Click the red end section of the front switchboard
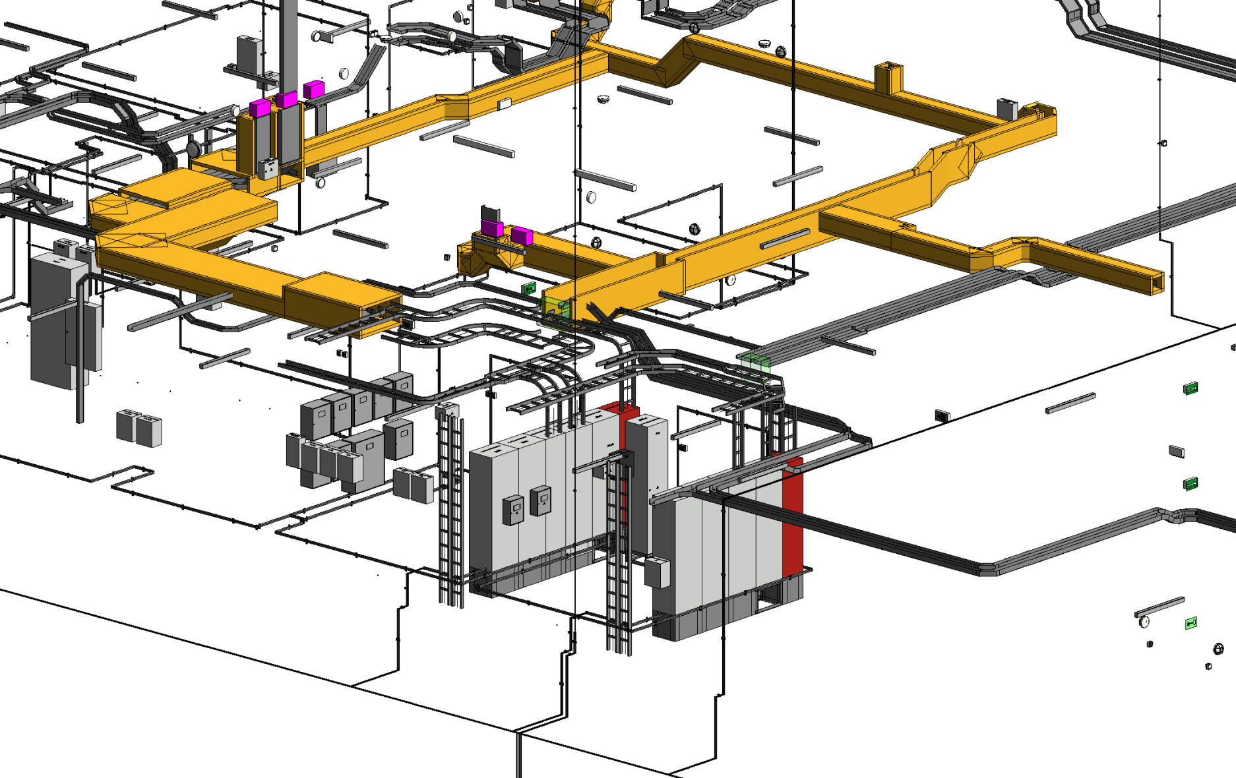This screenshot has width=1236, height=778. tap(792, 521)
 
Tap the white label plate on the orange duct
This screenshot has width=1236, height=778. tap(505, 104)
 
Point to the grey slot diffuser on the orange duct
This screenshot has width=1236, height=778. tap(784, 239)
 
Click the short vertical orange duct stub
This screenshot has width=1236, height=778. tap(888, 76)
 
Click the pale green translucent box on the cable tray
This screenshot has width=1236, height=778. tap(755, 363)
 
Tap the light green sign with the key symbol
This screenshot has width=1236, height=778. tap(1190, 623)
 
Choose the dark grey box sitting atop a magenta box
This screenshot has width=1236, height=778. tap(491, 214)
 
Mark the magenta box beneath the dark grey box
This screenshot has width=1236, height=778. tap(492, 228)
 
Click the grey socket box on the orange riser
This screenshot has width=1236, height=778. tap(267, 168)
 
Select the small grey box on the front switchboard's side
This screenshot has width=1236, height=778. tap(657, 572)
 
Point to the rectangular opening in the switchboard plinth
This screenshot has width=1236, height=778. tap(768, 599)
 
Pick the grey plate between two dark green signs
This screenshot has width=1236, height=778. tap(1177, 452)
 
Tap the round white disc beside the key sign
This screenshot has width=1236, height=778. tap(1144, 622)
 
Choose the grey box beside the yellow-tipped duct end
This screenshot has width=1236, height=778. tap(1007, 108)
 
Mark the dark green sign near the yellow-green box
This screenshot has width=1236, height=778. tap(528, 288)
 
